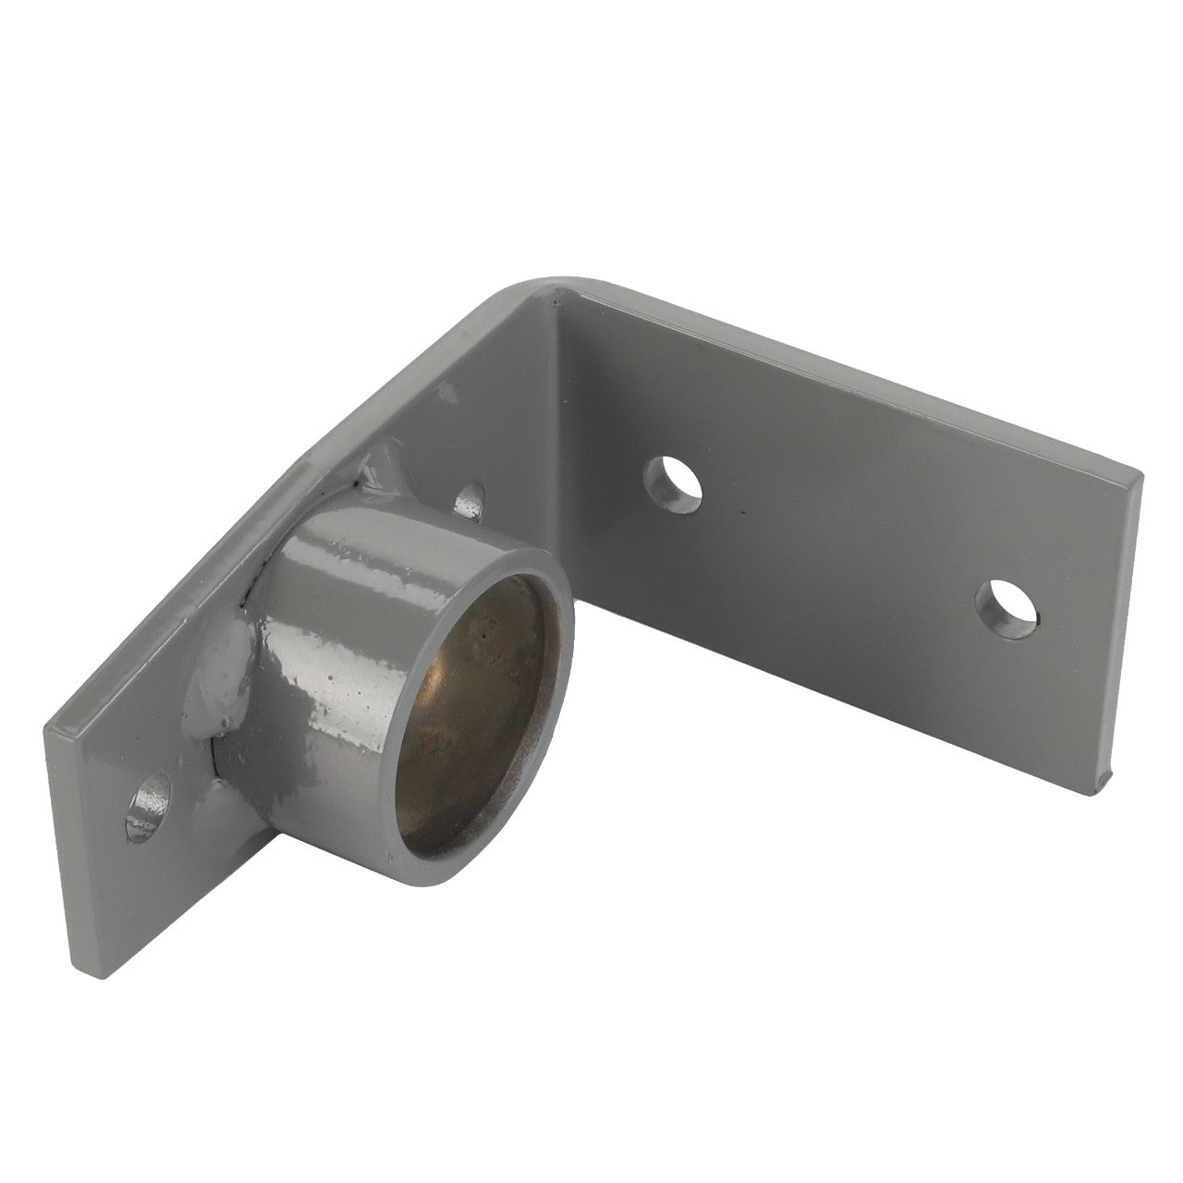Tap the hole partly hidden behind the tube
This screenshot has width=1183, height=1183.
471,499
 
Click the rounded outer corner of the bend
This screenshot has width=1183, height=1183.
545,277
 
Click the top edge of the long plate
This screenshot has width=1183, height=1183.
832,370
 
